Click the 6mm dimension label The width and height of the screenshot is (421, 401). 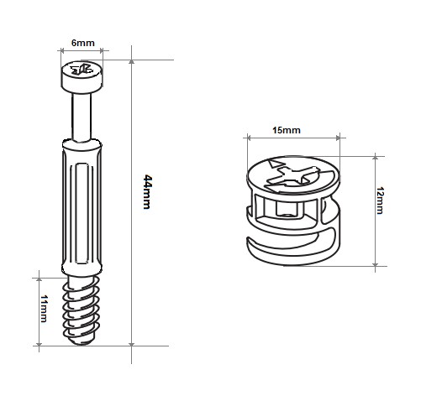[x=83, y=43]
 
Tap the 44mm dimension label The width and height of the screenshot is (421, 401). [x=147, y=192]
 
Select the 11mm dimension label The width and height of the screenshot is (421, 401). [x=44, y=309]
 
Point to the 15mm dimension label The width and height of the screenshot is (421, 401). [x=287, y=130]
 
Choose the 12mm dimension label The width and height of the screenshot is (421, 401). [x=380, y=200]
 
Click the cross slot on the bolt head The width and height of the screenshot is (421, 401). [x=82, y=70]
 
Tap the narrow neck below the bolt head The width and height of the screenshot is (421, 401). [x=82, y=117]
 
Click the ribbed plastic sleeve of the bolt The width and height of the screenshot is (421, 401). [x=82, y=207]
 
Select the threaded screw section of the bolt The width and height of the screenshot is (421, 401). [x=82, y=309]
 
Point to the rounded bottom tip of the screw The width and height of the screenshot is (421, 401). [x=82, y=341]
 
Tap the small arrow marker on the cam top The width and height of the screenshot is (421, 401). [x=275, y=164]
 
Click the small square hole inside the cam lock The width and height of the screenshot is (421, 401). [x=287, y=209]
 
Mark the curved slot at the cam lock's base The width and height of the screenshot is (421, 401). [x=292, y=242]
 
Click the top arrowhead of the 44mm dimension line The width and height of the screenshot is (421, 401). [x=131, y=62]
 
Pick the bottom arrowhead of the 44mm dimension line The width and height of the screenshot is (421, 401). [x=131, y=344]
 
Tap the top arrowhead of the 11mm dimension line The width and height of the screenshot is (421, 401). [x=39, y=279]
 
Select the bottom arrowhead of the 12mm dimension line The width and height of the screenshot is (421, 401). [x=376, y=264]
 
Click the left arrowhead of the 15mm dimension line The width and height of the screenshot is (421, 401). [x=249, y=138]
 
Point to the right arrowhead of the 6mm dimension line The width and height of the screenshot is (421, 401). [x=101, y=50]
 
